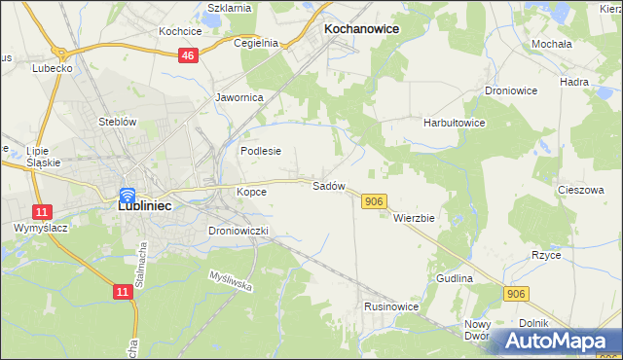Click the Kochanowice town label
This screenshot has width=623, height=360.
pyautogui.click(x=361, y=29)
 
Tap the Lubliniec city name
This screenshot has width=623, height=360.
pyautogui.click(x=133, y=206)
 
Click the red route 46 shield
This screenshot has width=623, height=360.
pyautogui.click(x=189, y=57)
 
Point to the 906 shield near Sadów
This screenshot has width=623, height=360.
pyautogui.click(x=375, y=200)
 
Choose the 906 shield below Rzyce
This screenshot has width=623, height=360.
pyautogui.click(x=517, y=293)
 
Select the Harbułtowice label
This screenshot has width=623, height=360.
pyautogui.click(x=454, y=124)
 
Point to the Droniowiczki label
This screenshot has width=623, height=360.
pyautogui.click(x=238, y=231)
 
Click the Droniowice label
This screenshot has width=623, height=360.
pyautogui.click(x=511, y=90)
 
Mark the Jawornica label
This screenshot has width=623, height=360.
pyautogui.click(x=239, y=97)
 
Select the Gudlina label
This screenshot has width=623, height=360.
pyautogui.click(x=455, y=278)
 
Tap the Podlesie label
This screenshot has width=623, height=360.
pyautogui.click(x=261, y=151)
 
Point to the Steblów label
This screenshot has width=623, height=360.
pyautogui.click(x=116, y=122)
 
